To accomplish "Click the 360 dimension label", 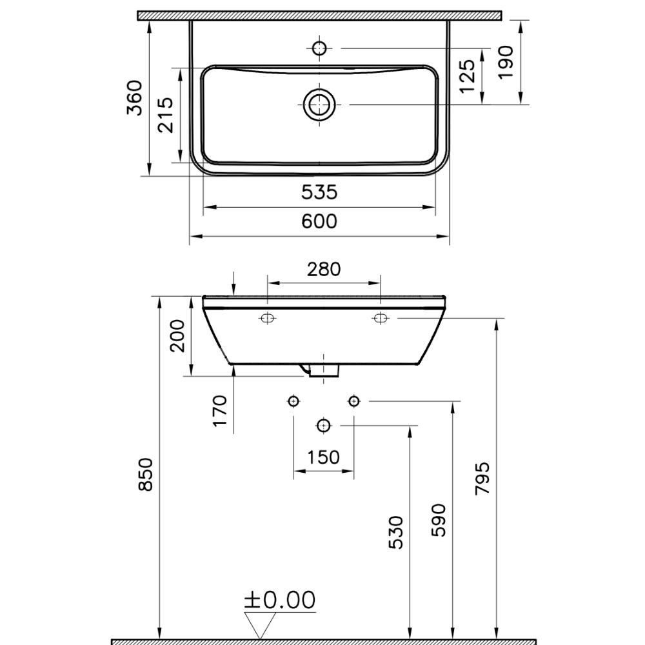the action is click(135, 98).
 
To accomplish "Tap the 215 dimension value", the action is click(166, 115).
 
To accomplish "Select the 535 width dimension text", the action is click(319, 192).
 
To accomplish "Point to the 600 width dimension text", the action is click(319, 221).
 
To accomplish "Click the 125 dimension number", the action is click(467, 77).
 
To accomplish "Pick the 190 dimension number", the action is click(506, 62).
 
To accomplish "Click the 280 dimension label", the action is click(324, 270).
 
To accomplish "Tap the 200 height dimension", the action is click(178, 335).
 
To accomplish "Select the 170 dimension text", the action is click(220, 411).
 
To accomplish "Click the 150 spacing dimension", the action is click(324, 457).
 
